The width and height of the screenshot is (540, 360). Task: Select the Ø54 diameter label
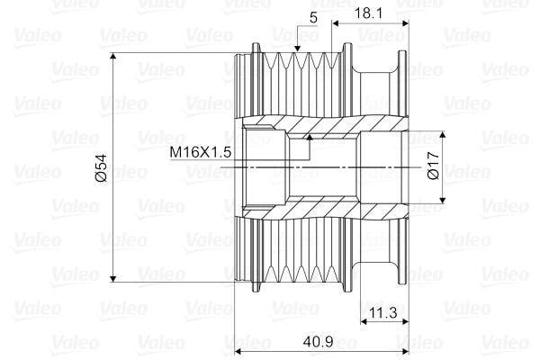(x=101, y=168)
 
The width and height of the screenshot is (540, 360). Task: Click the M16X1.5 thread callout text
(x=201, y=152)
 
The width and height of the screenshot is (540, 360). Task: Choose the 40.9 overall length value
(x=314, y=343)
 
